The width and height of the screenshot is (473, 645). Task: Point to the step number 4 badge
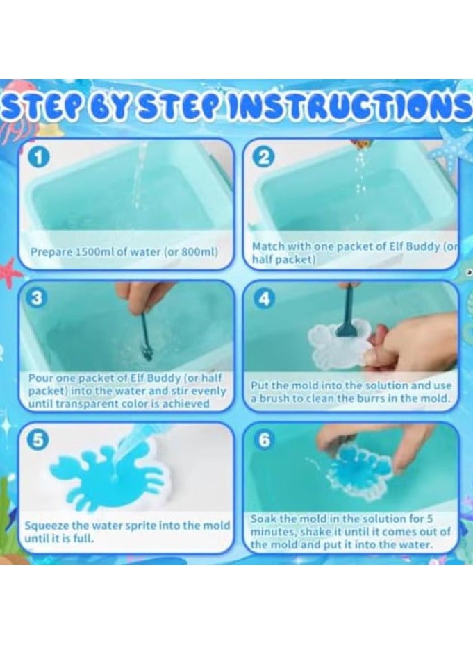coord(264,299)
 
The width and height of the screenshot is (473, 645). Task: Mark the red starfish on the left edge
coord(9,272)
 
